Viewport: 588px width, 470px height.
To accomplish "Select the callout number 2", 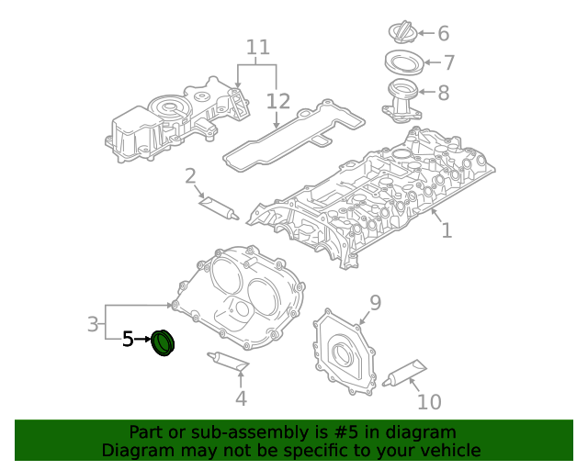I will (x=190, y=175).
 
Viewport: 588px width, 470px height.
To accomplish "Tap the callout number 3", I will (x=93, y=323).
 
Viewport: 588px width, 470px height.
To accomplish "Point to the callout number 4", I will (x=241, y=397).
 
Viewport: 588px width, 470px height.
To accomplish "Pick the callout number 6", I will (x=443, y=34).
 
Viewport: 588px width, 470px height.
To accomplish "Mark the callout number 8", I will (x=443, y=92).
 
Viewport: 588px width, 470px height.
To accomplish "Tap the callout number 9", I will (x=375, y=302).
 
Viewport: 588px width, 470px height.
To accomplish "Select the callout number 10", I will (x=429, y=401).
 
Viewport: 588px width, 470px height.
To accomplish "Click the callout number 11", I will (x=258, y=46).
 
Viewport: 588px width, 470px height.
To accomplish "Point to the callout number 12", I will (x=277, y=100).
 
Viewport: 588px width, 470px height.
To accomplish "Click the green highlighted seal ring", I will (x=164, y=342).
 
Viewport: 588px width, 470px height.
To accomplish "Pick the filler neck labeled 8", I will (x=401, y=99).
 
